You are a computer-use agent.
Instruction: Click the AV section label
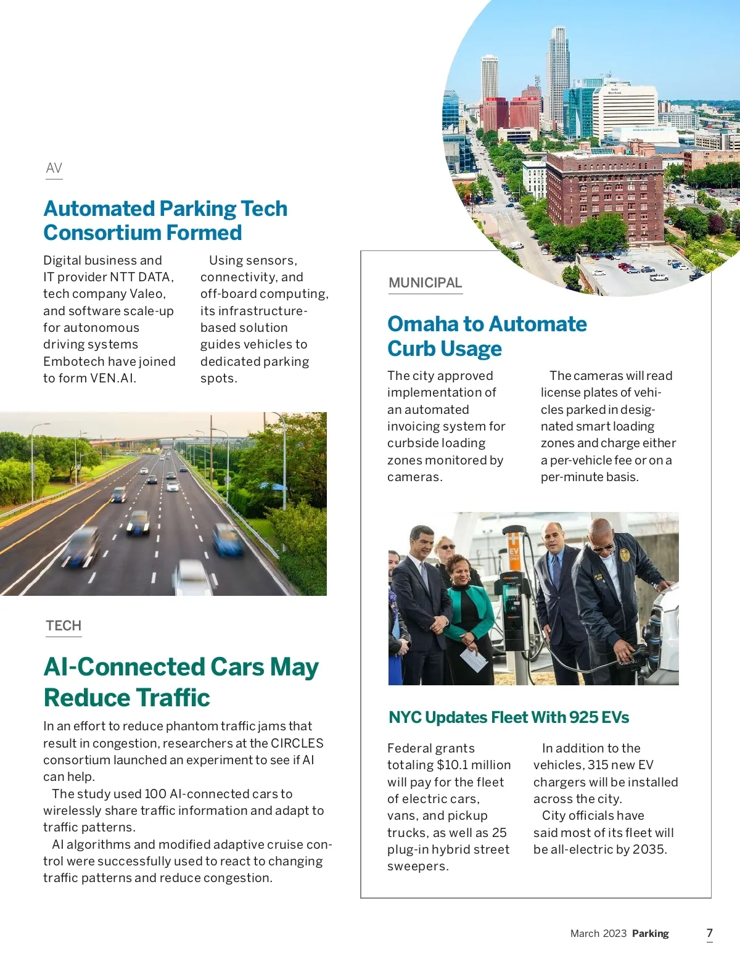54,168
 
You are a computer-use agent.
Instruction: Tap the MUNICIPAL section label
425,283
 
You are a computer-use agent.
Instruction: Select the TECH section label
64,626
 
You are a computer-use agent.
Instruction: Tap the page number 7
709,933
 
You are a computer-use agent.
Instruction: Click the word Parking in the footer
650,934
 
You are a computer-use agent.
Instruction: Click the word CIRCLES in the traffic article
297,743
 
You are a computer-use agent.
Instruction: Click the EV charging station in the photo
513,592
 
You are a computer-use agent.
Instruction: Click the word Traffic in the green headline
175,698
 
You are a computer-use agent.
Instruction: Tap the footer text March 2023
598,934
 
